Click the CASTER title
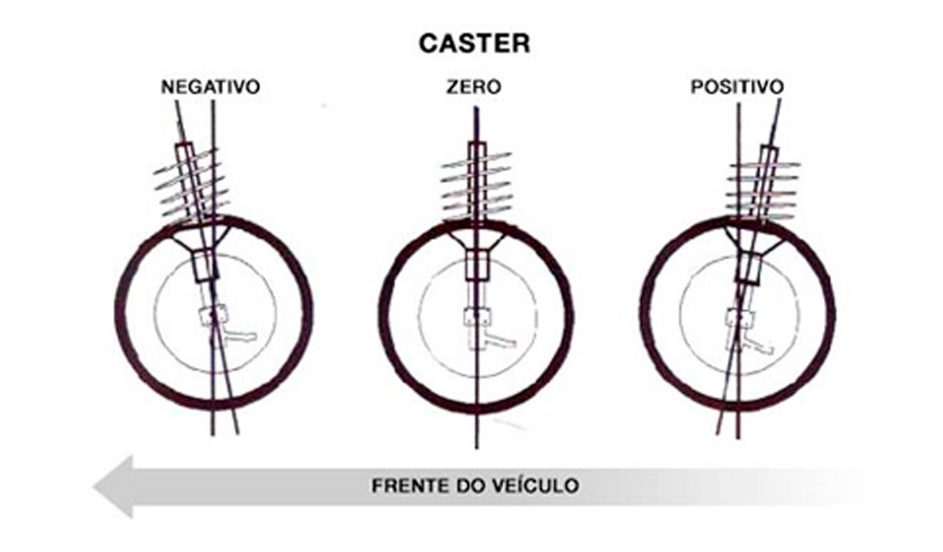[x=475, y=43]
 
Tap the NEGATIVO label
[x=210, y=87]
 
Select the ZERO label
[x=474, y=87]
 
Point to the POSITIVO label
[x=737, y=87]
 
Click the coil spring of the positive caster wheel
[x=763, y=188]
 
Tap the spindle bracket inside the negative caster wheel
[x=227, y=327]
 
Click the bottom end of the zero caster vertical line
[x=476, y=448]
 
